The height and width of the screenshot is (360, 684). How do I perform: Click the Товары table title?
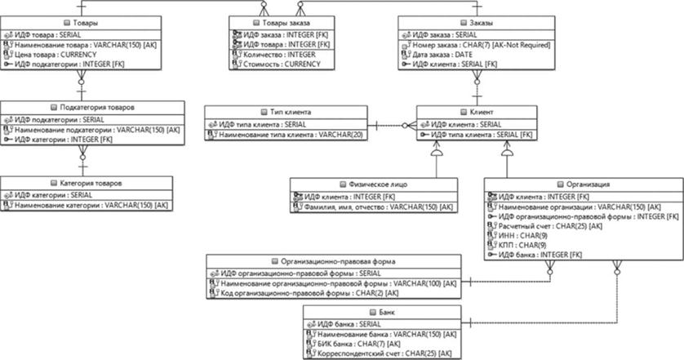pyautogui.click(x=80, y=24)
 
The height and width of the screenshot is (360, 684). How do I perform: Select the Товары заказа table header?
pyautogui.click(x=263, y=24)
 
